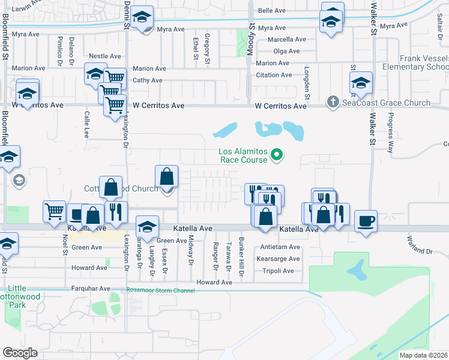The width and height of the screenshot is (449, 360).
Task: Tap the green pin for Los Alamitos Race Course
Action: pos(277,155)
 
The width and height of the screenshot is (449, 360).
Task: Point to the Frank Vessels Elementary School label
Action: pos(424,62)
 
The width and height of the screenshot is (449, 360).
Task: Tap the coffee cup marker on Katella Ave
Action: pos(366,221)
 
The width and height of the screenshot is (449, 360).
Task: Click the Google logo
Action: pos(20,353)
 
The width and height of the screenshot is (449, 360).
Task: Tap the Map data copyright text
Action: pos(424,355)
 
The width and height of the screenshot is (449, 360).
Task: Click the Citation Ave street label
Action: pos(274,75)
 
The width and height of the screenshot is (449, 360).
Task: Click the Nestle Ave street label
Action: pos(101,56)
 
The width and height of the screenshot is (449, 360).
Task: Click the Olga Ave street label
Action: pos(286,51)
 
